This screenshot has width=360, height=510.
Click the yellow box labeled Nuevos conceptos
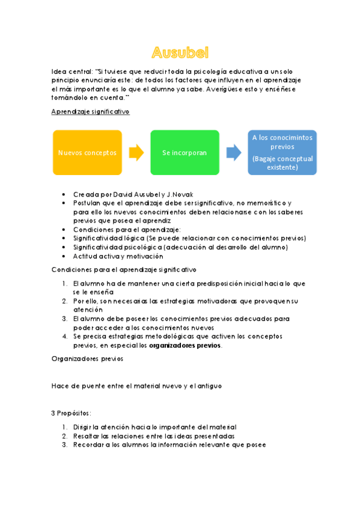coord(87,153)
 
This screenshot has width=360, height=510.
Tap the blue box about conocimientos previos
coord(282,153)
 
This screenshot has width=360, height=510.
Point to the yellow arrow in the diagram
coord(137,153)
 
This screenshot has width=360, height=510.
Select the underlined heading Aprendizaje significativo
coord(90,112)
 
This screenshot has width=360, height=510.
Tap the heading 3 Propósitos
coord(72,413)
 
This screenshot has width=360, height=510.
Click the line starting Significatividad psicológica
coord(180,247)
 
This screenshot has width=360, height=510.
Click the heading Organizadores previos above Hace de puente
coord(88,358)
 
